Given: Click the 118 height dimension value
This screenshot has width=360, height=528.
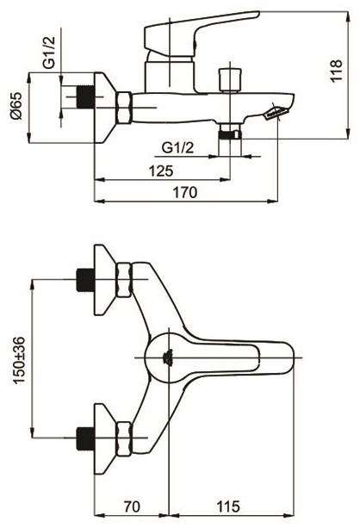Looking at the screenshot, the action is click(336, 71).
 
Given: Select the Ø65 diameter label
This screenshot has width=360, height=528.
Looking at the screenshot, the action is click(16, 106).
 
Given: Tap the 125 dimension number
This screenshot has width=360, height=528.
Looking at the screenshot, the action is click(161, 171).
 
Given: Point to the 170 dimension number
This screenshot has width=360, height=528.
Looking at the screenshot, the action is click(185, 193).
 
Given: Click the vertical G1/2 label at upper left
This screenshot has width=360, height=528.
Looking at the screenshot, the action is click(49, 53).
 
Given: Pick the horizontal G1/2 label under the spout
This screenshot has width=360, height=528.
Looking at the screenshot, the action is click(177, 148).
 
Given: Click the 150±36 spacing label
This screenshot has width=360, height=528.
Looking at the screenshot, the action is click(19, 360).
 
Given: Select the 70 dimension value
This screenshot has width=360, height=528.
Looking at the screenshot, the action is click(132, 506).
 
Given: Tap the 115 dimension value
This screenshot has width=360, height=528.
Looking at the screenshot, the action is click(228, 506).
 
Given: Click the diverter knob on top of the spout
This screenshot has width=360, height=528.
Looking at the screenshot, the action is click(230, 80).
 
